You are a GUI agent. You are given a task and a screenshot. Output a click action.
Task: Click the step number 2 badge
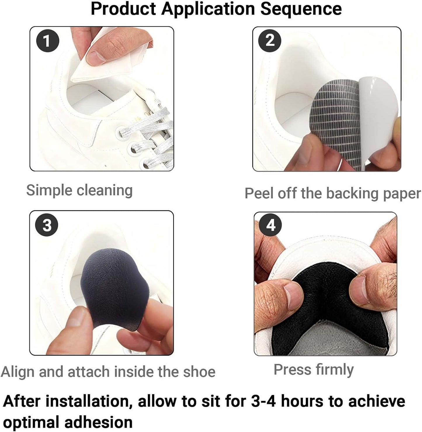tap(270, 41)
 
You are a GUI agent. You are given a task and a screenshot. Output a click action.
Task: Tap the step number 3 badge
tap(47, 225)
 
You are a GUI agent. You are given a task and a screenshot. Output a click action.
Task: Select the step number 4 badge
tap(271, 226)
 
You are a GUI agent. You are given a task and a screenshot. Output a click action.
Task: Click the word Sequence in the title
tap(301, 9)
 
